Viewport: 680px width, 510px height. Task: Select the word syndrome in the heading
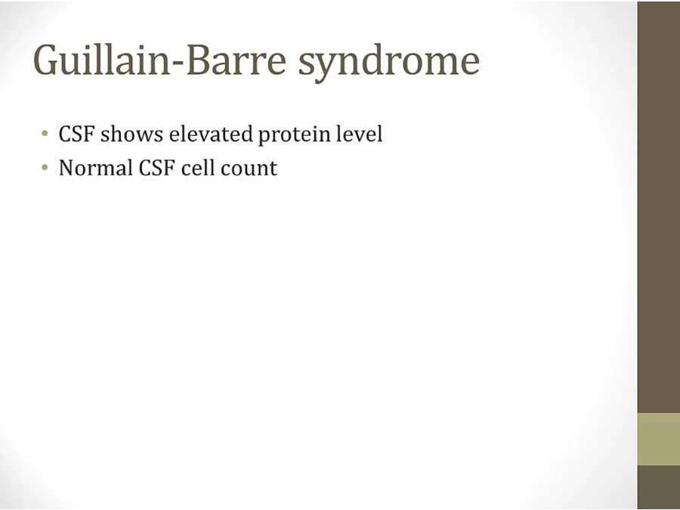(389, 63)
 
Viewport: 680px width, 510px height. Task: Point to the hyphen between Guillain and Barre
(178, 63)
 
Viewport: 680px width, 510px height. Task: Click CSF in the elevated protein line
(76, 134)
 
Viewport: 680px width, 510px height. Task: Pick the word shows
(131, 134)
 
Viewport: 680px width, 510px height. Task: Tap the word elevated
(211, 134)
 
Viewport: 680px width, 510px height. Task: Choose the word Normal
(95, 168)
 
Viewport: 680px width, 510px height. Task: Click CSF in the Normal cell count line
(156, 168)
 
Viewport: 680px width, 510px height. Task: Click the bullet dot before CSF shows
(45, 134)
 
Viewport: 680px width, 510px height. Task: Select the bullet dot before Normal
(45, 168)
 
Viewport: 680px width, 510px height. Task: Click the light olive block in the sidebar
(659, 439)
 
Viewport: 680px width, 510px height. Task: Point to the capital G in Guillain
(45, 60)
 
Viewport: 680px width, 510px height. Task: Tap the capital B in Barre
(198, 60)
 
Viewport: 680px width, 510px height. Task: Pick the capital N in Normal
(66, 168)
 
